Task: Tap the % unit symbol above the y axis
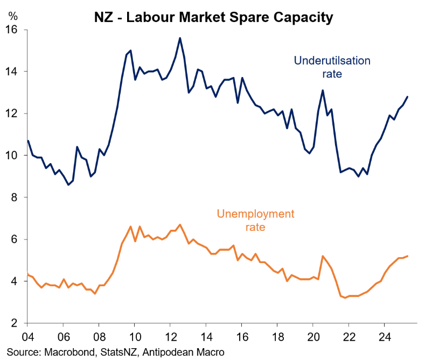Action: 12,16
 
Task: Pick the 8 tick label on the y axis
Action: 15,197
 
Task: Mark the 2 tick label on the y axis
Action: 15,323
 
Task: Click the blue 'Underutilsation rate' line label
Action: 332,67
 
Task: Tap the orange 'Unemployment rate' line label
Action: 255,221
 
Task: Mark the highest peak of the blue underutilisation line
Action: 179,38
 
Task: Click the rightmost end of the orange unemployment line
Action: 408,256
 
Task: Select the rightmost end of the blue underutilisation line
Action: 408,96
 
